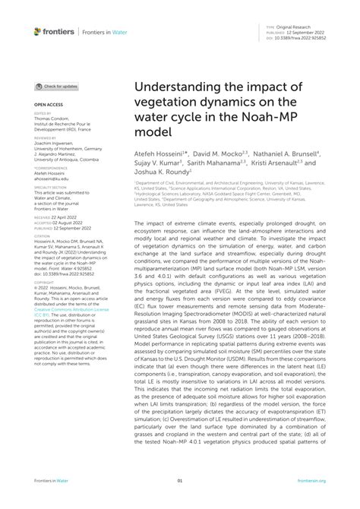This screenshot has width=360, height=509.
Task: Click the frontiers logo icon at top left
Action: click(37, 31)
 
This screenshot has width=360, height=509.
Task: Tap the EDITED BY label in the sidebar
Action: click(43, 113)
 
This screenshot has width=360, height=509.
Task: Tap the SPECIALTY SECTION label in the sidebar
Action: click(49, 186)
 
